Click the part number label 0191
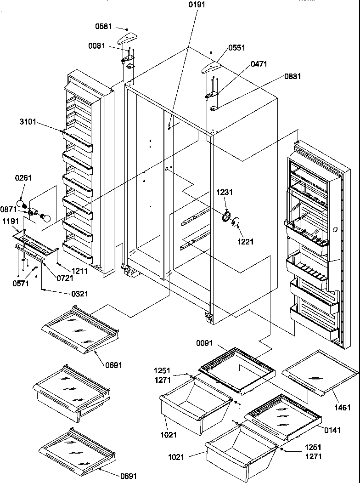click(197, 5)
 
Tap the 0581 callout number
click(103, 27)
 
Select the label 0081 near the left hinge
click(97, 45)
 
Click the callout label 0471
click(259, 64)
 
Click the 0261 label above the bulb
click(23, 178)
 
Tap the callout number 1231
click(225, 193)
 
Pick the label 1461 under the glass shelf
click(343, 407)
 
